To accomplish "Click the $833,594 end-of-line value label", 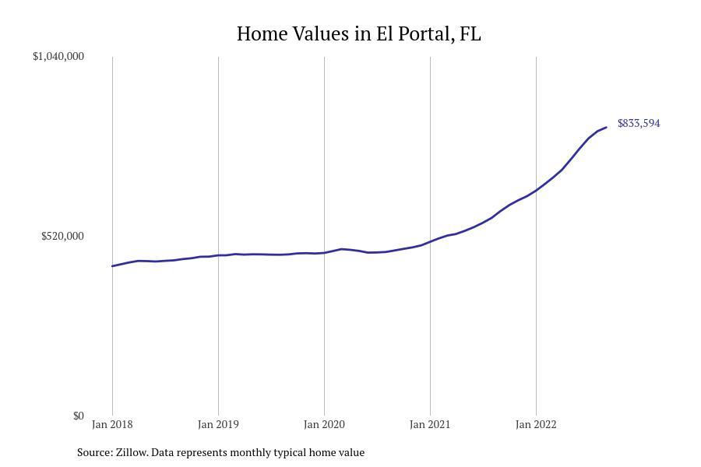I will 639,123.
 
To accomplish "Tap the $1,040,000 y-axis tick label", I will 58,56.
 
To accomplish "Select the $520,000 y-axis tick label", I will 62,236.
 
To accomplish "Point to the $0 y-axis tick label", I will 78,416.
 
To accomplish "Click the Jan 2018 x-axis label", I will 112,424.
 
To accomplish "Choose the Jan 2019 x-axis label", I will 218,424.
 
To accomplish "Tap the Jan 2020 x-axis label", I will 324,424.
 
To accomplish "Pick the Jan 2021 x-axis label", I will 430,424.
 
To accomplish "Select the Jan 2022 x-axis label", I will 536,424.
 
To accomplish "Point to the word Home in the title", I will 261,34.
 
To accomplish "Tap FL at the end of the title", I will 470,34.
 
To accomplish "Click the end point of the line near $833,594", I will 606,127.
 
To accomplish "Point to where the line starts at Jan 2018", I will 112,266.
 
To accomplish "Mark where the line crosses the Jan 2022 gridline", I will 536,190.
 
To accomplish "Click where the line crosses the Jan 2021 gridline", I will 430,241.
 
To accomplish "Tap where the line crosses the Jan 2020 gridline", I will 324,253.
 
